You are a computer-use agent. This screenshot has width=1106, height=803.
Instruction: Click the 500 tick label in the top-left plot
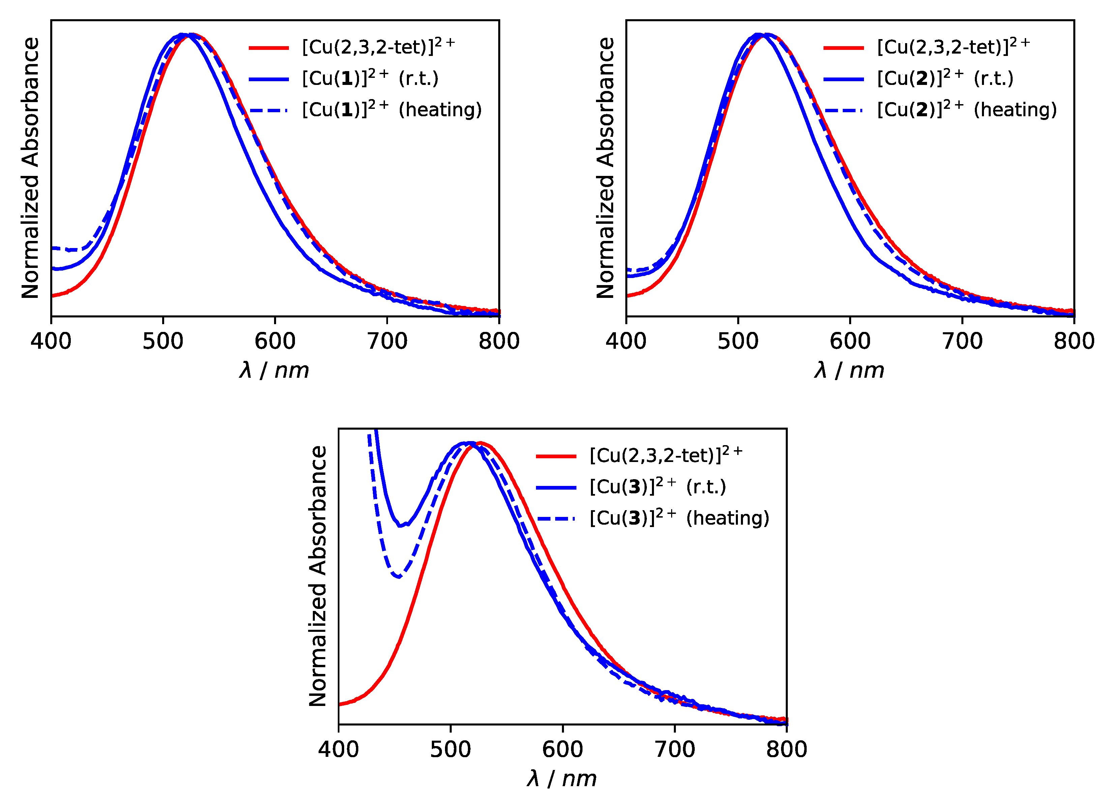(x=163, y=341)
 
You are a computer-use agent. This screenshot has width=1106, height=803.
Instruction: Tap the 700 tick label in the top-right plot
(x=962, y=341)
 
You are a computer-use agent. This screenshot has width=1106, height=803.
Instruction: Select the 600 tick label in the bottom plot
(x=562, y=749)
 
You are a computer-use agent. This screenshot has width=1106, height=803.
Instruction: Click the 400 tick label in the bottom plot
(x=338, y=749)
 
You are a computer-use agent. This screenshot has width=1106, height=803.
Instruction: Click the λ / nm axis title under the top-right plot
(x=849, y=371)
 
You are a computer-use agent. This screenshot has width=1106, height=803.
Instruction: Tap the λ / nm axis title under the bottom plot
(x=561, y=779)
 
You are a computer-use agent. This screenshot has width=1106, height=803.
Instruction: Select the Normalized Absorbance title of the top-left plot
(x=30, y=168)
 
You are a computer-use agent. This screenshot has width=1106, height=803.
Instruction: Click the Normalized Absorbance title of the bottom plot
(x=318, y=576)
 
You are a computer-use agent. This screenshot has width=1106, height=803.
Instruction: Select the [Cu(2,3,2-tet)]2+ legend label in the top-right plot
(x=953, y=47)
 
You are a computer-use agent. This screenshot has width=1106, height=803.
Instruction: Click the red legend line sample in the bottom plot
(x=556, y=456)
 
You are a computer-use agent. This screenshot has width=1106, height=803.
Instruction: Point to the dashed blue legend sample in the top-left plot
(x=269, y=110)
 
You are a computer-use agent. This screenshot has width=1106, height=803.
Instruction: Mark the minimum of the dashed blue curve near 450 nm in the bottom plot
(x=399, y=577)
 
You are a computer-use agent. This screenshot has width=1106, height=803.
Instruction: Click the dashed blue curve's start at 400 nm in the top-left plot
(x=53, y=248)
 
